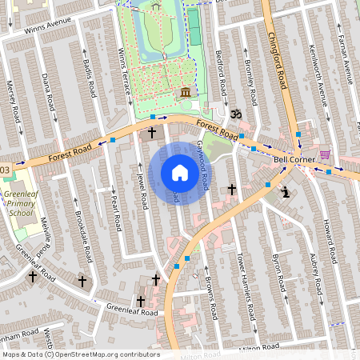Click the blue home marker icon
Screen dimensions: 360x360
click(180, 173)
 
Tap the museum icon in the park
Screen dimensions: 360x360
click(186, 94)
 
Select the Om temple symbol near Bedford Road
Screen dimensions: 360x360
click(234, 114)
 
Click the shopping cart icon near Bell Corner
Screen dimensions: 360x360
click(324, 154)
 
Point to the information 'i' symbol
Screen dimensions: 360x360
click(286, 191)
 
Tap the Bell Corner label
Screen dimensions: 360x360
click(291, 159)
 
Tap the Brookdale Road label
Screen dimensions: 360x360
click(83, 237)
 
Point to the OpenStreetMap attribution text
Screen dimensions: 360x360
click(80, 354)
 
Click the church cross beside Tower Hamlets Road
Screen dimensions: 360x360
click(232, 190)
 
